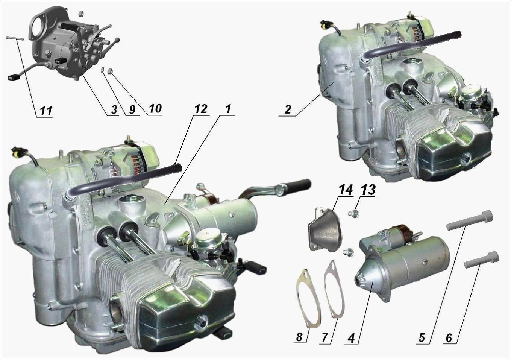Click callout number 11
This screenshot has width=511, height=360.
[x=46, y=111]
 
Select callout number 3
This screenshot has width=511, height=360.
[x=114, y=110]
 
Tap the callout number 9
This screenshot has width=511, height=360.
[x=132, y=110]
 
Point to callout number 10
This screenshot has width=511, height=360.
[x=155, y=109]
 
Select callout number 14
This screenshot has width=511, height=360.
[x=346, y=190]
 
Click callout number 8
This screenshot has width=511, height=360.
[x=299, y=337]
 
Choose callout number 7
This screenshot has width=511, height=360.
[x=325, y=337]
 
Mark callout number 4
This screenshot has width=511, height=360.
[x=352, y=337]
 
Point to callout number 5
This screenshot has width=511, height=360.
[x=421, y=337]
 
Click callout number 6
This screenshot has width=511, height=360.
[x=449, y=337]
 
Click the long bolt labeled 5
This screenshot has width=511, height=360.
[x=469, y=220]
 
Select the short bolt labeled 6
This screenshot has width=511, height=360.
[x=482, y=260]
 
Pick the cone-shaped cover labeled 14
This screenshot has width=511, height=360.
[x=324, y=229]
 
